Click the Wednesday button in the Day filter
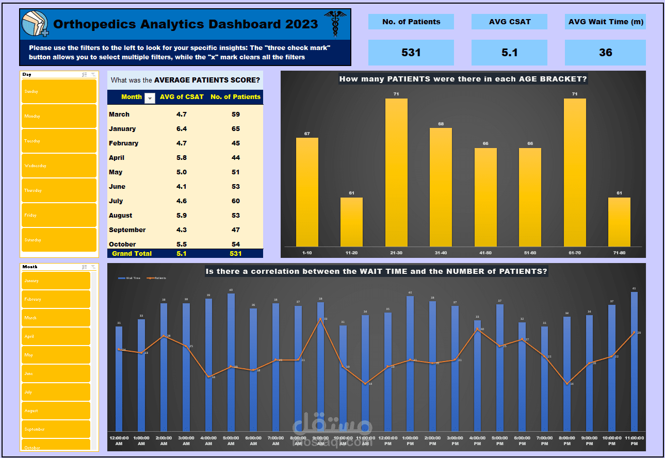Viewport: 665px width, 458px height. point(58,166)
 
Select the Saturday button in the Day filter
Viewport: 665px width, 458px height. point(58,240)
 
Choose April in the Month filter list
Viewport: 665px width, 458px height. point(56,336)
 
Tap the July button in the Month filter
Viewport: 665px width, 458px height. point(56,392)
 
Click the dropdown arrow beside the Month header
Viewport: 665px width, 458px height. point(150,97)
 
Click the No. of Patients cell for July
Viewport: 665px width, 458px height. point(235,201)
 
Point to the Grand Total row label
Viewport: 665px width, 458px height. point(132,253)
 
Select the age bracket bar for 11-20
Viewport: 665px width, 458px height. point(351,222)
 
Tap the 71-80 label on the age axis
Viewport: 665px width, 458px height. point(619,253)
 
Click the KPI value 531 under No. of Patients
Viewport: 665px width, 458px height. point(411,53)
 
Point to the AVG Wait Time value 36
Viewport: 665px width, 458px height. point(605,53)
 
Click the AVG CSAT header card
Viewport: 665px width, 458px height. point(509,22)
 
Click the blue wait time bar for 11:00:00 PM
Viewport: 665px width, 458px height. point(634,361)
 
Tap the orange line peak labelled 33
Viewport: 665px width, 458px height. point(320,319)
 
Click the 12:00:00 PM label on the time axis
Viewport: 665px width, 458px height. point(387,440)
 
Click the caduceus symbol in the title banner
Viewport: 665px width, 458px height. point(335,24)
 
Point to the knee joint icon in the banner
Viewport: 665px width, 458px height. point(35,24)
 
